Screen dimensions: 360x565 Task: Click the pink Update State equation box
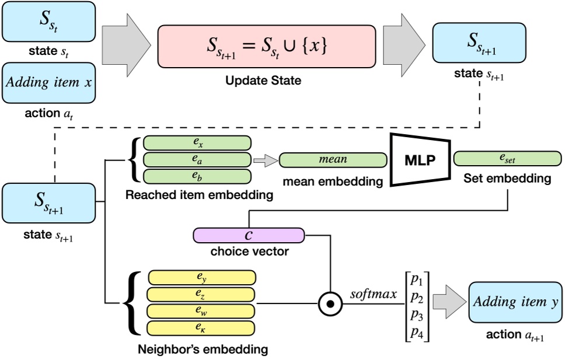point(266,47)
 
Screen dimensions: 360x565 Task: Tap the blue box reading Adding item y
point(512,303)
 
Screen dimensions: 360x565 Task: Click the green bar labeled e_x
point(197,143)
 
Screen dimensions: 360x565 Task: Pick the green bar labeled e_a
point(197,159)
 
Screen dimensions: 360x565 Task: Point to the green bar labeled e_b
point(197,176)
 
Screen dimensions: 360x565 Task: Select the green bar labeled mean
point(333,159)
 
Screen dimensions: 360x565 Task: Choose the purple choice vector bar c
point(249,235)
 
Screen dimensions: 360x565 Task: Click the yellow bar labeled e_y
point(202,277)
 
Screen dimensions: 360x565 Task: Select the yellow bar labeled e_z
point(202,294)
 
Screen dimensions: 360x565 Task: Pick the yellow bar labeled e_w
point(202,311)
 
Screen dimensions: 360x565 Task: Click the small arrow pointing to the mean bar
point(266,159)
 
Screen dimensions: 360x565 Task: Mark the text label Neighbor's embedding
point(203,350)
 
